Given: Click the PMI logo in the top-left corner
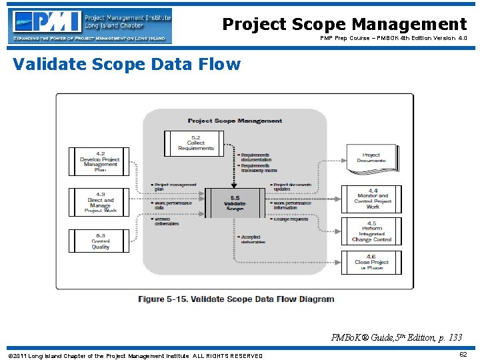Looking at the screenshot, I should click(90, 26).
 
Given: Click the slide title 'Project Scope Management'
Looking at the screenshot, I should click(344, 25).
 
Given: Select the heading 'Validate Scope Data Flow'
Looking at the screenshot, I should click(127, 65).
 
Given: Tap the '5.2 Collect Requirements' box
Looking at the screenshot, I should click(195, 143).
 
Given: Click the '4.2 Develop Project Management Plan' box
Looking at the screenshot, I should click(100, 161).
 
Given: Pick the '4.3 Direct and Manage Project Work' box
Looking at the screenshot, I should click(100, 202).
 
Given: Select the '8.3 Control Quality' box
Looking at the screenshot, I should click(100, 242).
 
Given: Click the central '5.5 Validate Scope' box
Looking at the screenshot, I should click(235, 203).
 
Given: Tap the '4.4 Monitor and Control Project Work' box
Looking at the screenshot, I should click(372, 199).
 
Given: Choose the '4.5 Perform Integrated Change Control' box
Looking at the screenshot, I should click(372, 231).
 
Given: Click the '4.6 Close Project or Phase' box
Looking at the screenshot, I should click(372, 262).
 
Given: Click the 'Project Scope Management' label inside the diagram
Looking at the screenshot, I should click(235, 121).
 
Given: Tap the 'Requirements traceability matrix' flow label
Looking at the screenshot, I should click(259, 168).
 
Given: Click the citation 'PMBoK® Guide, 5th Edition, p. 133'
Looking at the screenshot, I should click(396, 338).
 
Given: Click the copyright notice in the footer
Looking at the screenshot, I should click(135, 356).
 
